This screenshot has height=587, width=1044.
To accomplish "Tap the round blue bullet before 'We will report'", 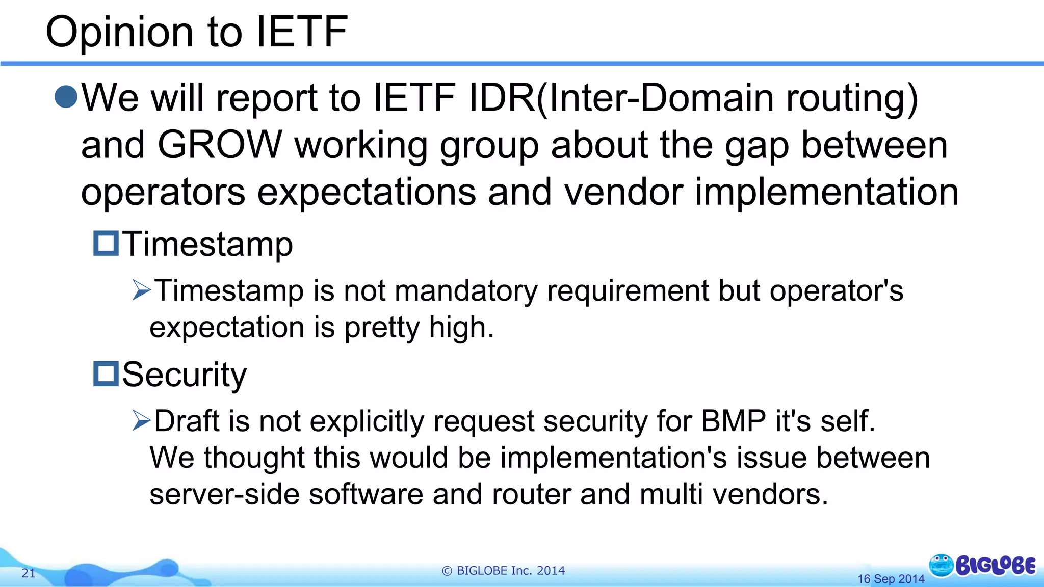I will pyautogui.click(x=66, y=97).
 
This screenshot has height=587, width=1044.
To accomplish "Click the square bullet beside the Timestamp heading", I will pyautogui.click(x=106, y=243).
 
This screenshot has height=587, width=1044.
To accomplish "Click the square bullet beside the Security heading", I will pyautogui.click(x=106, y=373).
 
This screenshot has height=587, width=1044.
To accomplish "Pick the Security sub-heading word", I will pyautogui.click(x=185, y=375).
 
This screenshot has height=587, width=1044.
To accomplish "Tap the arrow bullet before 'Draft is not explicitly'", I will pyautogui.click(x=141, y=420).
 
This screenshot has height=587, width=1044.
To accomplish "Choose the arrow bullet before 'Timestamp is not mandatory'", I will pyautogui.click(x=141, y=290).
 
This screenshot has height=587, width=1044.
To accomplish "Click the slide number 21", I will pyautogui.click(x=29, y=573).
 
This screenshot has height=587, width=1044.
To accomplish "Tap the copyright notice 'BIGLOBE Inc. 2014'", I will pyautogui.click(x=503, y=571).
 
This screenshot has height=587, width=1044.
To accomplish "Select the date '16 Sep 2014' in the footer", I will pyautogui.click(x=891, y=579).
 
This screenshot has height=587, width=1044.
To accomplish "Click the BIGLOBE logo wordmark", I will pyautogui.click(x=995, y=566).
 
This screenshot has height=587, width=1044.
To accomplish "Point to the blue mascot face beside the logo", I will pyautogui.click(x=941, y=565).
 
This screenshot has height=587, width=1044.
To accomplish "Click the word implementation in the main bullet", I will pyautogui.click(x=826, y=192).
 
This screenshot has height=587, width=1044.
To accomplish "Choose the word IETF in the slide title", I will pyautogui.click(x=301, y=32).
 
